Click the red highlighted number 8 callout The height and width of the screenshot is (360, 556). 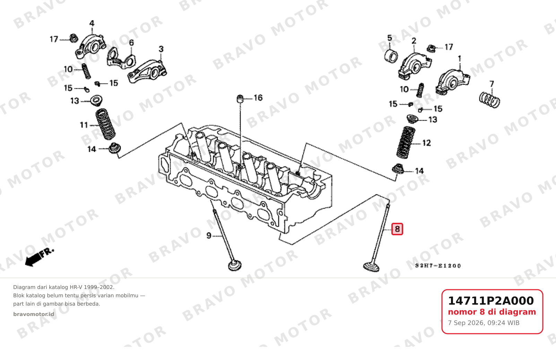click(397, 229)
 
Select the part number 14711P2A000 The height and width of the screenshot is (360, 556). click(491, 301)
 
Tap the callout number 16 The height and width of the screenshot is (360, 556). click(258, 98)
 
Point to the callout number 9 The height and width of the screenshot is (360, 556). click(209, 236)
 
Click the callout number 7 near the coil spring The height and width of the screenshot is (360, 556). click(492, 84)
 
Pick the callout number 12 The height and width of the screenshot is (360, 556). click(426, 143)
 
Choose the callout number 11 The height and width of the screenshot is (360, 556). click(84, 125)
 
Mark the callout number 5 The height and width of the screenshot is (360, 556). click(390, 38)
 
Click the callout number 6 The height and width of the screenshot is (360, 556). click(131, 43)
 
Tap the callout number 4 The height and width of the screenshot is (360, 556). click(92, 23)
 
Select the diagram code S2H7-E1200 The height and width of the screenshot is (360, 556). click(438, 266)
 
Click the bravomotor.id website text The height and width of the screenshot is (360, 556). click(34, 314)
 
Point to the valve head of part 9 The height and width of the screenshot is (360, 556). click(235, 265)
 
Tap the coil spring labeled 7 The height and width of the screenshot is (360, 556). click(489, 100)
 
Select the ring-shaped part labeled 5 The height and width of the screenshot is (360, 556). click(391, 56)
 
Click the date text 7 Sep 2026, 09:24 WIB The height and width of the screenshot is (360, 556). click(484, 323)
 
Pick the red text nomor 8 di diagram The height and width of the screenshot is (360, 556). click(492, 312)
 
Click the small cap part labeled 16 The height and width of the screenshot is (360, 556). click(240, 98)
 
